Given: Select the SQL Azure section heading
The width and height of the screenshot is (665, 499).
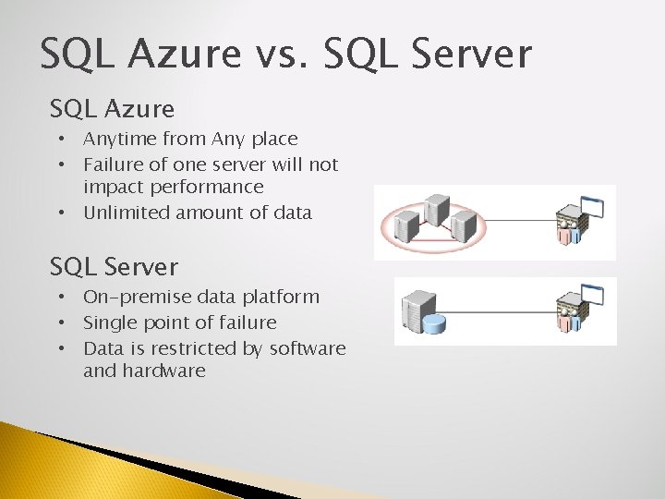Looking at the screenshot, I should coord(112,109).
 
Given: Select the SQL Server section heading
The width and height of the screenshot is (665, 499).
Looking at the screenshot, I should coord(114,267).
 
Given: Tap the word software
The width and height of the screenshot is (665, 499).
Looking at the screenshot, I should coord(308,348).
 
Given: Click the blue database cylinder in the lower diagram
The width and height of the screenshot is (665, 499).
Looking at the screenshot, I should coord(434,324).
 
